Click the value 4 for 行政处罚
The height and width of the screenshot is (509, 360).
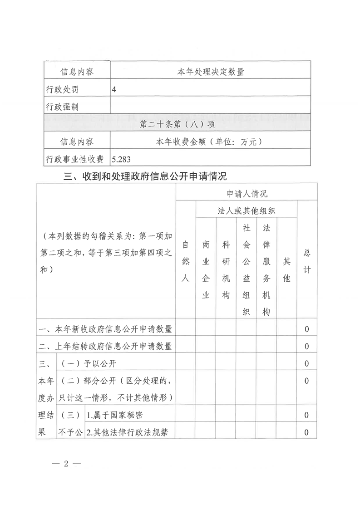click(114, 89)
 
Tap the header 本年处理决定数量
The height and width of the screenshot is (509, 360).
click(210, 72)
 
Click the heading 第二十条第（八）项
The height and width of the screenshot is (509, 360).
click(178, 123)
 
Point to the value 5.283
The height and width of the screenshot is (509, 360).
click(121, 159)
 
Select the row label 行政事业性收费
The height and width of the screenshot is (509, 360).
click(75, 159)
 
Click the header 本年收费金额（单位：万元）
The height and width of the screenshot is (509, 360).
click(210, 142)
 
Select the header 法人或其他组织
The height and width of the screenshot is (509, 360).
click(247, 210)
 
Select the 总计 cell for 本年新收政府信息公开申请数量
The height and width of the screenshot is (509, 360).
click(307, 329)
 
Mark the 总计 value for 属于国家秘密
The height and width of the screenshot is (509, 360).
click(307, 415)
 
